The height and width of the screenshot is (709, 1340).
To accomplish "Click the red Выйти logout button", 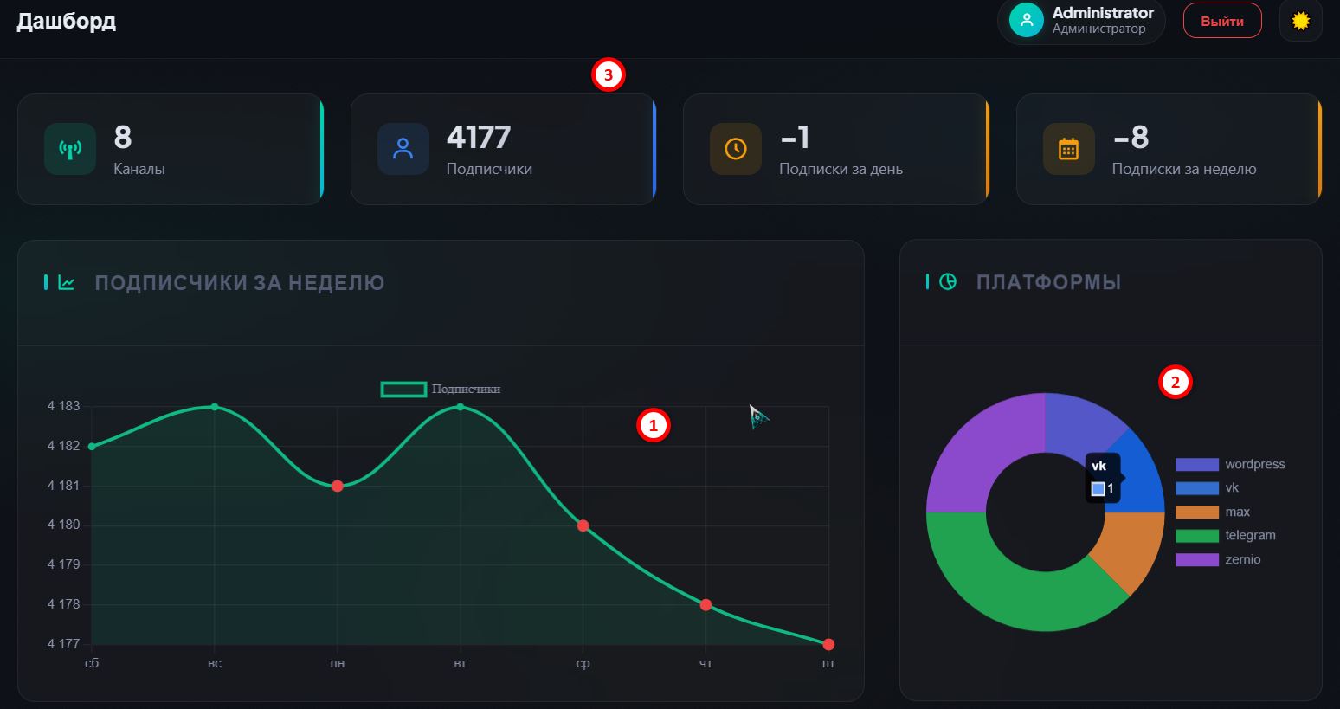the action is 1222,21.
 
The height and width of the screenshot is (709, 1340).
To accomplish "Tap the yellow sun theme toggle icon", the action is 1300,21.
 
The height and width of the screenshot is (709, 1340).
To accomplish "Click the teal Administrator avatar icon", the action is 1027,20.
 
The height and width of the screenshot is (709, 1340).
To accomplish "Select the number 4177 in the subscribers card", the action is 479,137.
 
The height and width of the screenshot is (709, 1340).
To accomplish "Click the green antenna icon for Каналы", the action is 70,149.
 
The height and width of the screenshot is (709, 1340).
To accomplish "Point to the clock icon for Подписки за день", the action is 735,149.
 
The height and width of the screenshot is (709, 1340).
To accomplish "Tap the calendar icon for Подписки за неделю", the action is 1068,149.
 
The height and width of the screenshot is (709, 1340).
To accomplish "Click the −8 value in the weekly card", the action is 1131,137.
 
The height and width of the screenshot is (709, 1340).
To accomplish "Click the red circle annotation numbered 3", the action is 609,74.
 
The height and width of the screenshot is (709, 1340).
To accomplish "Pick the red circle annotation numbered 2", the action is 1176,383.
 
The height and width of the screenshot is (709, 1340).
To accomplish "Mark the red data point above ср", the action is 583,526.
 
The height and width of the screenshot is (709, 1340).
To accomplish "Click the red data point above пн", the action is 338,486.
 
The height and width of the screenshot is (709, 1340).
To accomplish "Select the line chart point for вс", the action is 215,407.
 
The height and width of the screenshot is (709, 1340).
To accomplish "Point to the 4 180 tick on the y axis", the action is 63,525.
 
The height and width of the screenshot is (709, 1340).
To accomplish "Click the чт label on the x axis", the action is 705,663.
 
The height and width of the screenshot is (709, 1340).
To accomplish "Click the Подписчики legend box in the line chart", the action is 403,390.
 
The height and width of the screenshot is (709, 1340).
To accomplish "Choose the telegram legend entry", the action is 1226,536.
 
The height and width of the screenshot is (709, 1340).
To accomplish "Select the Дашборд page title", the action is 66,22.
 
